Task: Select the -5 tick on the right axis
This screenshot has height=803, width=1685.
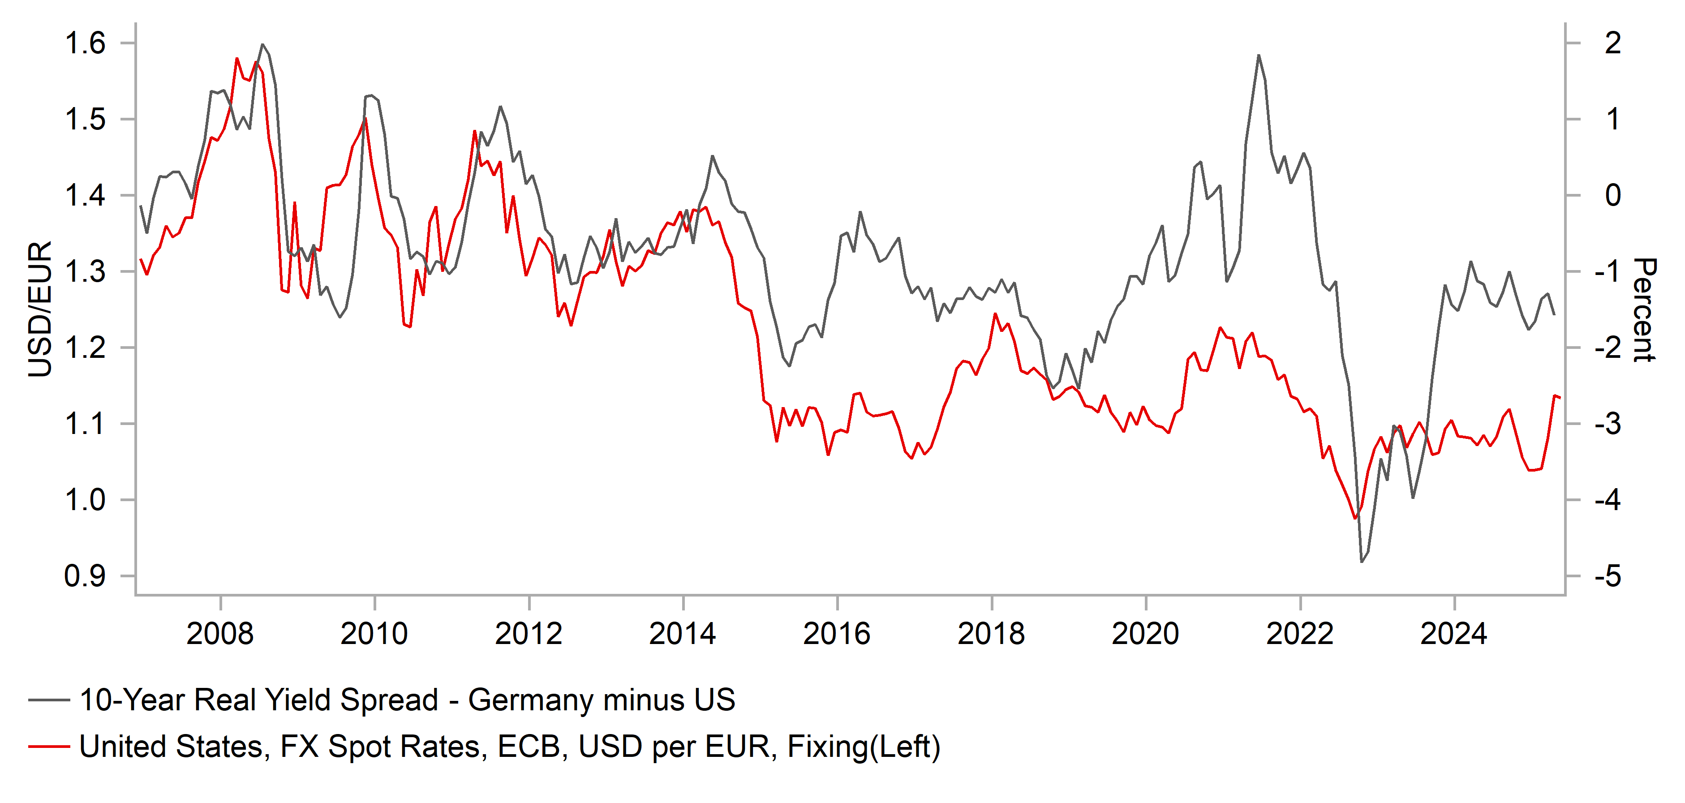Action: [x=1608, y=576]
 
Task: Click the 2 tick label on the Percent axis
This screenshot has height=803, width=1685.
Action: [x=1613, y=43]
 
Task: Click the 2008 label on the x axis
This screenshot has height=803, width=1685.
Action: [x=220, y=634]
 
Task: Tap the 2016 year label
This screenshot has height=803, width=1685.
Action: [x=837, y=634]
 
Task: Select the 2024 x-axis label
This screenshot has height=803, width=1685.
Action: [x=1453, y=634]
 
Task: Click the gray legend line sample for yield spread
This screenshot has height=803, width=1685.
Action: [x=49, y=700]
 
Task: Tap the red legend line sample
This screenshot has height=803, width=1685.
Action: [x=49, y=746]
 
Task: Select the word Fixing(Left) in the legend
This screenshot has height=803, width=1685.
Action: [x=864, y=746]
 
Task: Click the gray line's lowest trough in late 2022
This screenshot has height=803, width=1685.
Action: [x=1362, y=562]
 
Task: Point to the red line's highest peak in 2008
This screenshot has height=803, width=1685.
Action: [x=237, y=58]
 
